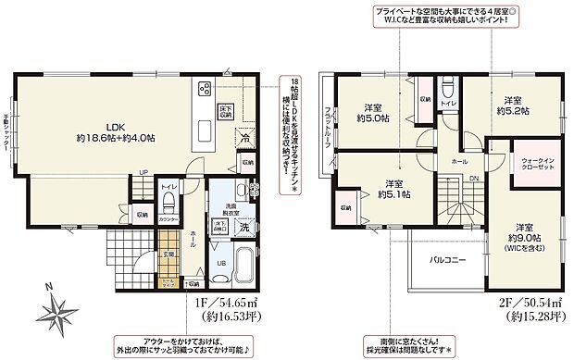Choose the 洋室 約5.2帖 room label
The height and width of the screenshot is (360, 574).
point(516,106)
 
